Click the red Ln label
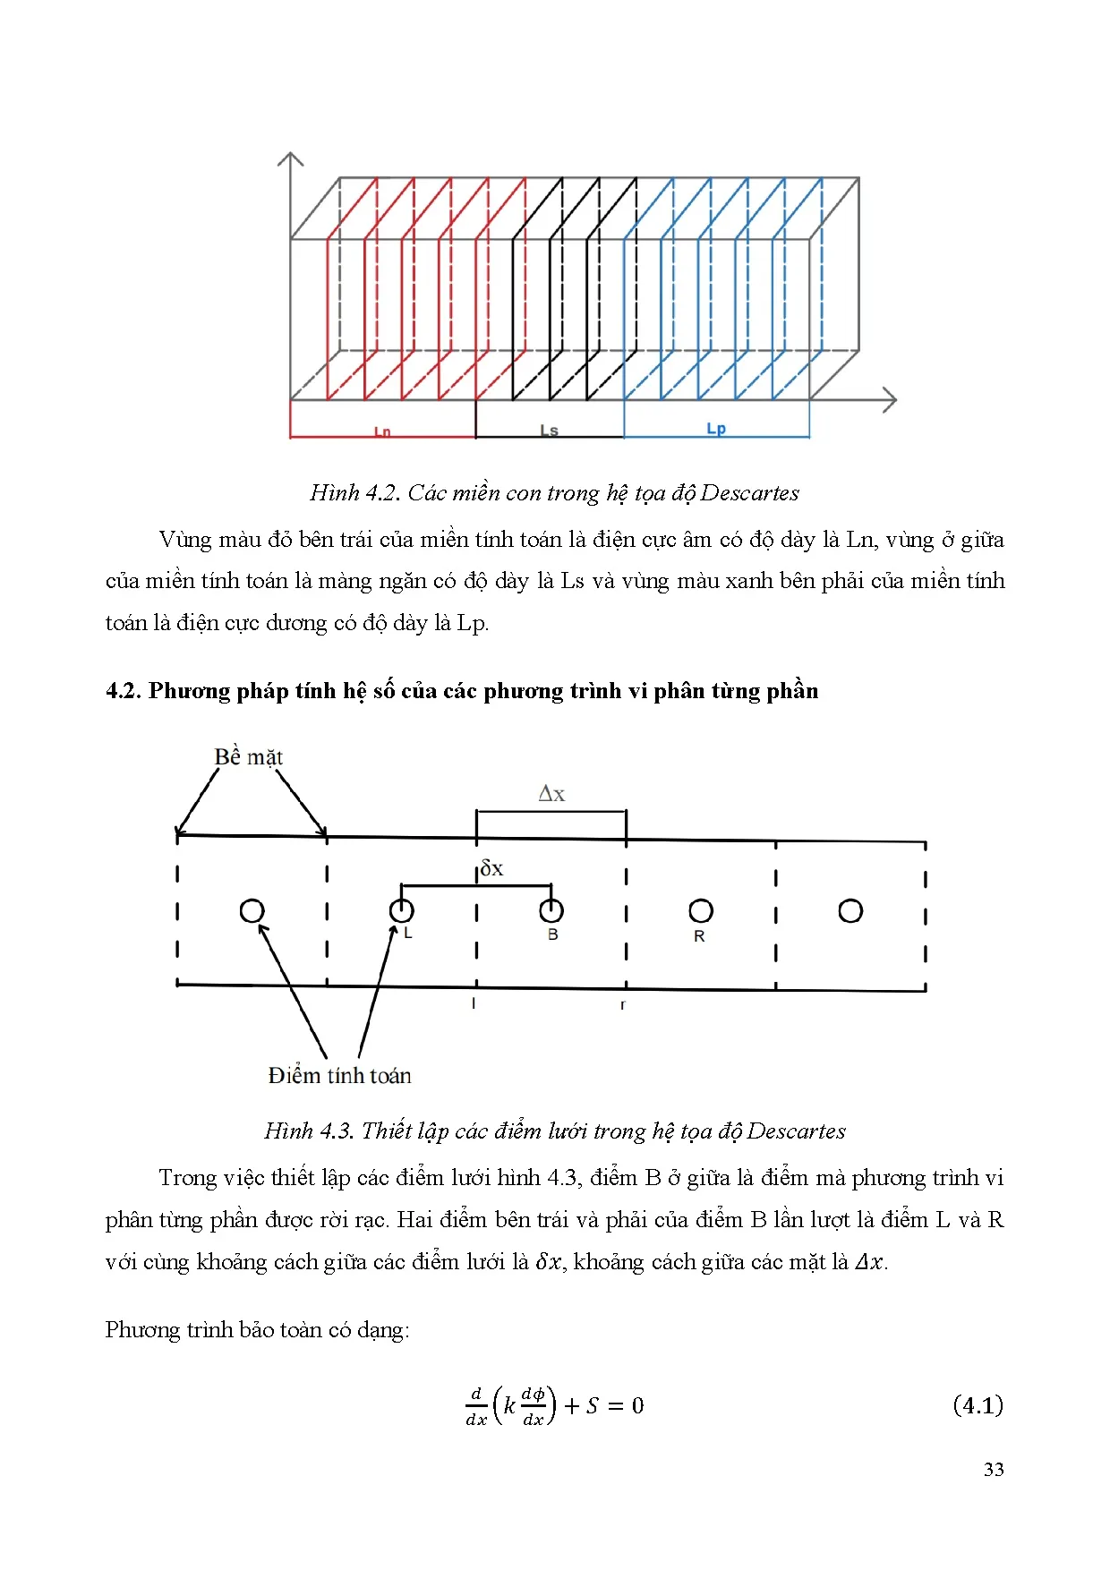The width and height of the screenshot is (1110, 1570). [x=382, y=431]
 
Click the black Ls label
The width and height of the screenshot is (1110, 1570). [x=549, y=431]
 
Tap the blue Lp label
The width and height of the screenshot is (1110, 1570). [x=716, y=429]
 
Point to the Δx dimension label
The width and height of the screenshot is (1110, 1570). [x=551, y=794]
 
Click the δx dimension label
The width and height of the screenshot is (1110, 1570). [x=491, y=868]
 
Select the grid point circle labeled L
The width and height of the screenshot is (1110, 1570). [x=401, y=911]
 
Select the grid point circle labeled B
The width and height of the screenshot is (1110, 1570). [x=551, y=911]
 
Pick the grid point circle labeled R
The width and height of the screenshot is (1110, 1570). [x=700, y=911]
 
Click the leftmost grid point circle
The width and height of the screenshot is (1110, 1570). [x=252, y=911]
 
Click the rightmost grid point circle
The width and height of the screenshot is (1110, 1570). [x=850, y=911]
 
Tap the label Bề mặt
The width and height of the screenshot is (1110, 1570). [x=248, y=757]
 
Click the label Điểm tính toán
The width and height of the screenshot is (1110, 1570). [x=339, y=1076]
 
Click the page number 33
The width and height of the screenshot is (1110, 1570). [x=993, y=1469]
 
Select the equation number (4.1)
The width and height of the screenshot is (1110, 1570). [x=978, y=1405]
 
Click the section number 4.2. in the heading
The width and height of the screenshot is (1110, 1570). [x=124, y=691]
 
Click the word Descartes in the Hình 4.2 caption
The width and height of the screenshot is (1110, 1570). [x=749, y=493]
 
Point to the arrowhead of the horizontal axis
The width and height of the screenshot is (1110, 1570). [x=891, y=400]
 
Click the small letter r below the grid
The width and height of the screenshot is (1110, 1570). [x=622, y=1005]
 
